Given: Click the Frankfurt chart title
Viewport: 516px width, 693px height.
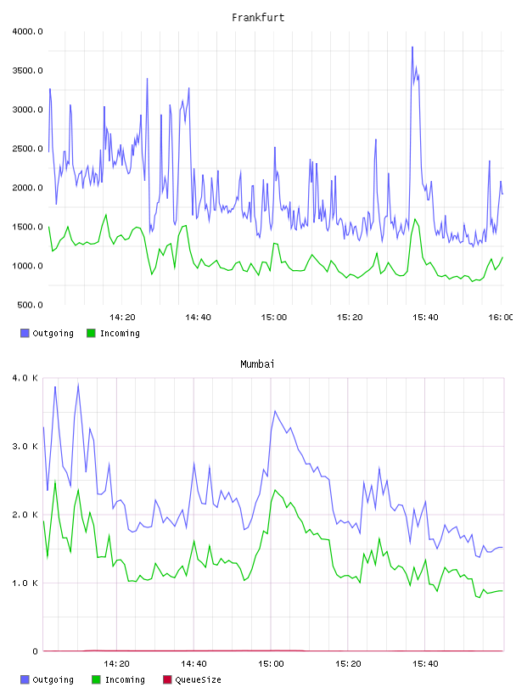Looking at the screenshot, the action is pos(258,17).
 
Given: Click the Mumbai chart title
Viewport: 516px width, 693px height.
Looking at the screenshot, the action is pos(257,363).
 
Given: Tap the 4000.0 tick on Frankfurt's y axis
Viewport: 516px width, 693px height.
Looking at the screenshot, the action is pos(27,31).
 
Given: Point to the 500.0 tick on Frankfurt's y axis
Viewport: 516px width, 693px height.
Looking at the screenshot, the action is pos(30,305).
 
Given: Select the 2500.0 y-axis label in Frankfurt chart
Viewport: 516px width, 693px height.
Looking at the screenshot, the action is pos(27,149).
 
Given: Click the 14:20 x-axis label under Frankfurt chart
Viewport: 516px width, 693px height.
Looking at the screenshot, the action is pos(122,317).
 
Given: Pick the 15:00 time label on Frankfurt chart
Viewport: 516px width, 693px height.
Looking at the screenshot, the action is pos(274,317).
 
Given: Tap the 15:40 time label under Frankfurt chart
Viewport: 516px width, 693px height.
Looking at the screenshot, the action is pos(425,317).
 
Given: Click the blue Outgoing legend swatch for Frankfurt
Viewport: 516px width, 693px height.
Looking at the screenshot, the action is pos(25,333).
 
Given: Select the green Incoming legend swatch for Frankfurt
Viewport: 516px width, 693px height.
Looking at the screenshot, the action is pos(91,333).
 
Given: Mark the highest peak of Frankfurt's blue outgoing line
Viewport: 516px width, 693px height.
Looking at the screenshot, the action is pos(412,47).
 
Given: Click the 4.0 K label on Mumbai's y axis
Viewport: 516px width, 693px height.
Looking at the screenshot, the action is pos(25,378).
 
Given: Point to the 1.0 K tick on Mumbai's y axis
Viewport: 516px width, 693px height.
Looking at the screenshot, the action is pos(25,583).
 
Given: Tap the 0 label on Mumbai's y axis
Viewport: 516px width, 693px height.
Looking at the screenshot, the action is pos(36,651).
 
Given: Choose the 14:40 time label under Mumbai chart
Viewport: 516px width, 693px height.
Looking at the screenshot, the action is pos(193,663).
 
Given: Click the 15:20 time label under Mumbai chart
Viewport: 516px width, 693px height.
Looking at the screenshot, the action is pos(348,663).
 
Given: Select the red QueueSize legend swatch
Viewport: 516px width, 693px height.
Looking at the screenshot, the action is pos(167,679).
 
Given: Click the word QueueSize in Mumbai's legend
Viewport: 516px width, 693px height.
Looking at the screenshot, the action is pos(198,679).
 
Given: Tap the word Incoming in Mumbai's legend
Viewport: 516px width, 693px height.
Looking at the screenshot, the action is pos(125,679).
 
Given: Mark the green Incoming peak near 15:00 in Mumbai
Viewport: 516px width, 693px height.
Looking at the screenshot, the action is pos(275,490).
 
